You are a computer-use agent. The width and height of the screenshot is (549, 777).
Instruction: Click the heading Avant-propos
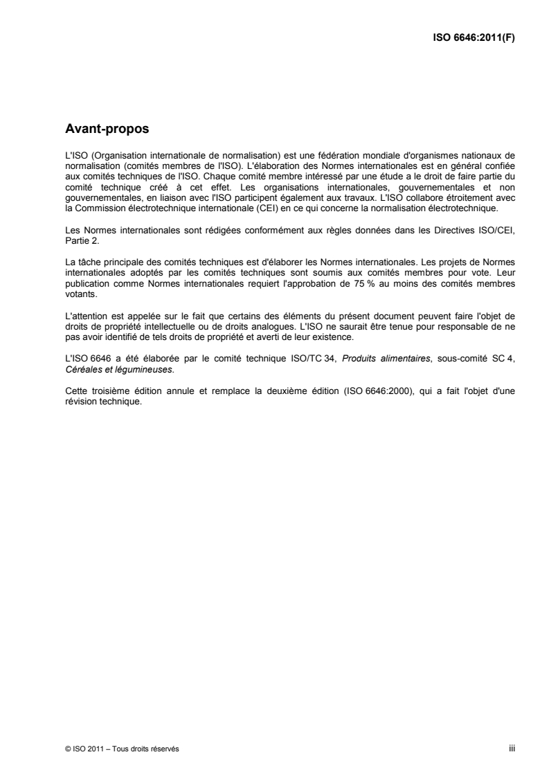[102, 128]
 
